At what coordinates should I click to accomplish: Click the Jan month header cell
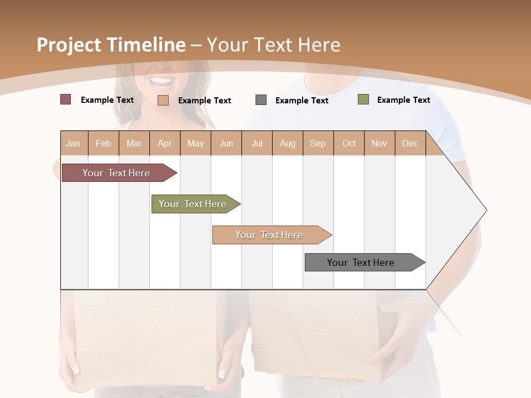[74, 143]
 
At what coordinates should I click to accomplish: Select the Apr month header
[165, 143]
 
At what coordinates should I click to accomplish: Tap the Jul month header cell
[257, 143]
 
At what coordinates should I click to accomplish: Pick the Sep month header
[318, 143]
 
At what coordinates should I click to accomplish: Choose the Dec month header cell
[410, 143]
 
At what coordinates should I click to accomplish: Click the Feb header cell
[103, 143]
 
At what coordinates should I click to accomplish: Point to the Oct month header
[349, 143]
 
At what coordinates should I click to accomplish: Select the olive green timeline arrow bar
[194, 204]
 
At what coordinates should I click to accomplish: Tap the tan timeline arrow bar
[270, 235]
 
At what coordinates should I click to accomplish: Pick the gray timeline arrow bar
[362, 263]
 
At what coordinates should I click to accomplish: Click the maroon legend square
[65, 99]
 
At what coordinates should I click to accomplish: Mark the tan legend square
[163, 100]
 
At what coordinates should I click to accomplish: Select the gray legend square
[261, 99]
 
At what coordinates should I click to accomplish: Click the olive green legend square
[363, 99]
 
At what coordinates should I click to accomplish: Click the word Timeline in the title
[146, 45]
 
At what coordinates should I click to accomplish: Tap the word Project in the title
[69, 45]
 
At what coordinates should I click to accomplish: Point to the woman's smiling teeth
[162, 82]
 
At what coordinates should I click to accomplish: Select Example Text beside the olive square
[403, 100]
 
